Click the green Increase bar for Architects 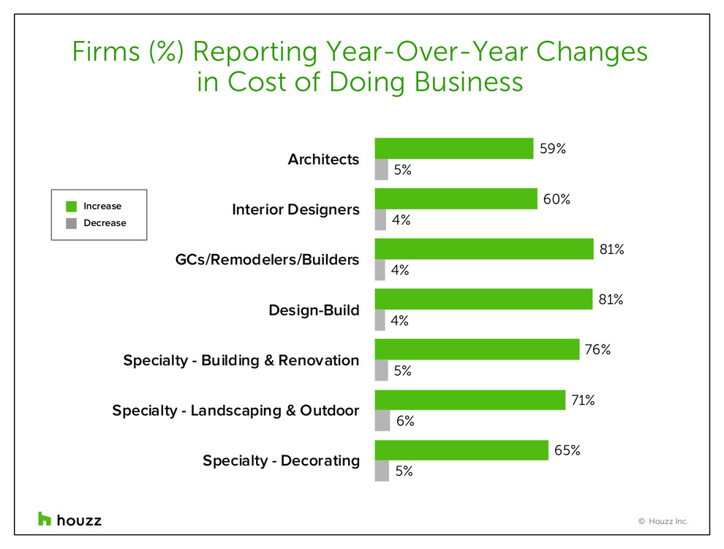[453, 149]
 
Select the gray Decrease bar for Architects [381, 170]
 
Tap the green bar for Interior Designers [456, 199]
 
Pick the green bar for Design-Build [483, 299]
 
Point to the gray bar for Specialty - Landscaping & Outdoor [382, 421]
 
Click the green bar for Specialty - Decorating [461, 450]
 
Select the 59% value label [552, 149]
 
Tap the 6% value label [405, 421]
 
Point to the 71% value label [584, 400]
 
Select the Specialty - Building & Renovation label [241, 360]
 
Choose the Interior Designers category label [295, 210]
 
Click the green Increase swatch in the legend [71, 206]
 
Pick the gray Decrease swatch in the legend [71, 223]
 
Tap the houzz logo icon [45, 519]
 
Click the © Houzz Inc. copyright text [663, 522]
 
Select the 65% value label [567, 450]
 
